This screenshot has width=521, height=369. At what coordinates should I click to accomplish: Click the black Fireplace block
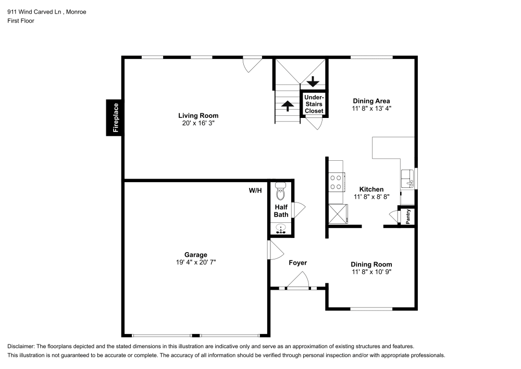115,117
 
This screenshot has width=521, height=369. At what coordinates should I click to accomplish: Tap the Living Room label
198,116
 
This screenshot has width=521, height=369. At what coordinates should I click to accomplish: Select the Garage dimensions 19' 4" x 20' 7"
195,263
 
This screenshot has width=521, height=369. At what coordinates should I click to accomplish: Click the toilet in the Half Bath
281,192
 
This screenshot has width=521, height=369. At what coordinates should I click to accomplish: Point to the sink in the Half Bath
281,228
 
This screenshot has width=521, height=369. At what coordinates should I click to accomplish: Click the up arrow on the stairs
287,105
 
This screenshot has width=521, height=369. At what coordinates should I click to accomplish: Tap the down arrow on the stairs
313,81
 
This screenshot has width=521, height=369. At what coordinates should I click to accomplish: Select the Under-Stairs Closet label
314,104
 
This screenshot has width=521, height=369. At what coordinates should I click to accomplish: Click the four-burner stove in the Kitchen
336,182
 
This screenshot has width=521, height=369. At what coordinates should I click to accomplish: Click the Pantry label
408,216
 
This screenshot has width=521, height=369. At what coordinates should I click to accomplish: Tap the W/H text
255,191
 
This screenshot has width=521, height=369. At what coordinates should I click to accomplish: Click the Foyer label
298,263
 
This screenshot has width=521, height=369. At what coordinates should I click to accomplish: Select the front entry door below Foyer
297,284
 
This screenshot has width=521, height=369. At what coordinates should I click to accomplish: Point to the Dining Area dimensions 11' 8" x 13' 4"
371,109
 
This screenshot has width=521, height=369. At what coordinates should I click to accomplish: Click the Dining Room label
371,265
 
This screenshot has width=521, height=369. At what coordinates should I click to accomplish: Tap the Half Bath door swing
299,210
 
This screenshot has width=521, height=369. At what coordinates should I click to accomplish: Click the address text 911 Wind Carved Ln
33,12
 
